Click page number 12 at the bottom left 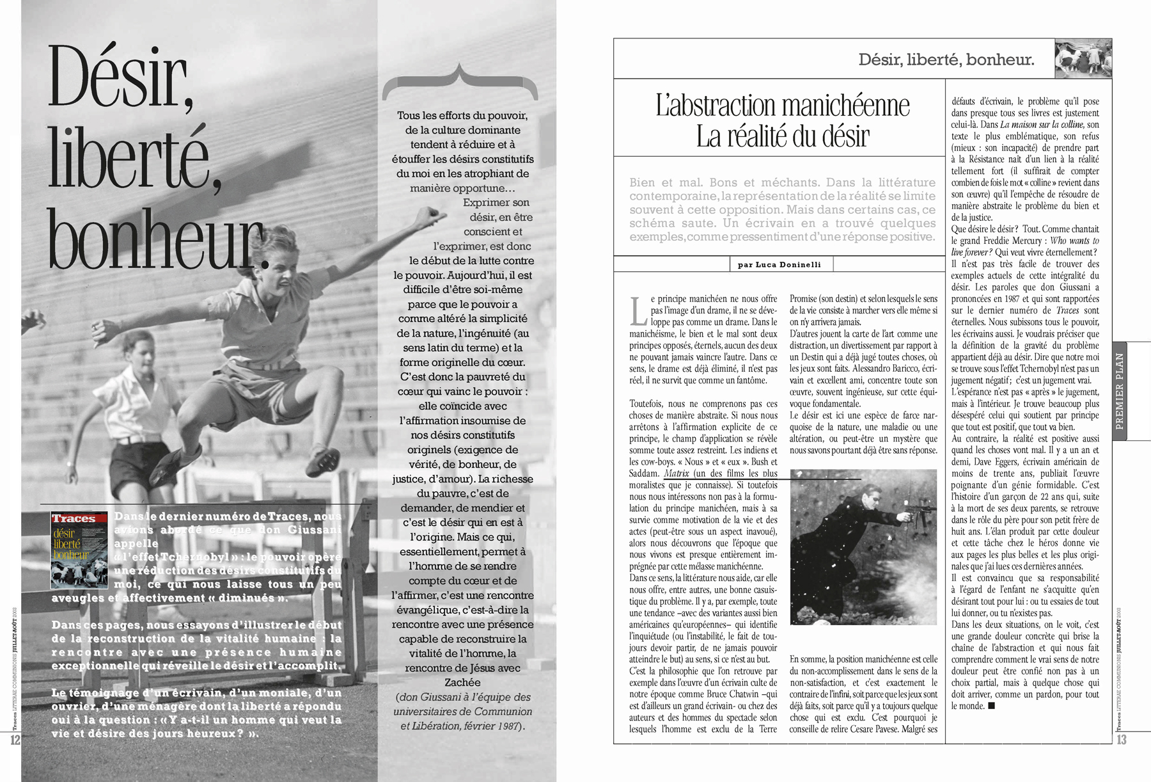pos(14,740)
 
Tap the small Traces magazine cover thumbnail pos(79,550)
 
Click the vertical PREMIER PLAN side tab pos(1119,390)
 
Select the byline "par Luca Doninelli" pos(779,264)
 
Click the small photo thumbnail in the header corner pos(1083,59)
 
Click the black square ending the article pos(991,706)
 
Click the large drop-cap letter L pos(638,311)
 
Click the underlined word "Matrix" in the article pos(677,474)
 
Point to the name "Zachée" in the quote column pos(462,682)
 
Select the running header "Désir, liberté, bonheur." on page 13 pos(946,60)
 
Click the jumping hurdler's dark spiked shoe pos(174,461)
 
